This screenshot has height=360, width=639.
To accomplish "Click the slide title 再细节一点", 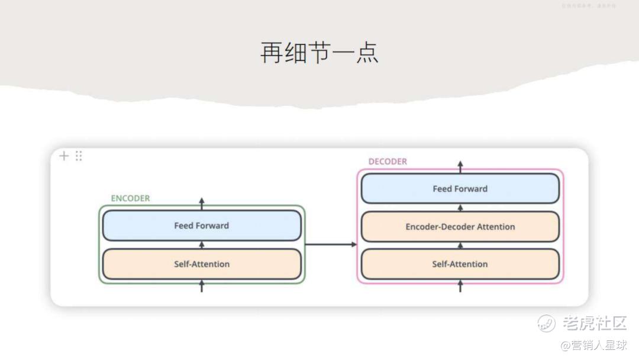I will pos(319,53).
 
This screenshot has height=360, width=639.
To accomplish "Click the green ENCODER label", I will pos(130,198).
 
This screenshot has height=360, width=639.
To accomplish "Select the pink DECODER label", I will pos(388,162).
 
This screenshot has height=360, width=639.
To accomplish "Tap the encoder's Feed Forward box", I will pos(201,226).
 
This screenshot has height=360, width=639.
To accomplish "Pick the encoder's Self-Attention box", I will pos(201,264).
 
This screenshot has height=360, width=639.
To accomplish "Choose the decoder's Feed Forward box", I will pos(460,189).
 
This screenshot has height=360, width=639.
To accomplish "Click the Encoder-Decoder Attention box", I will pos(460,227).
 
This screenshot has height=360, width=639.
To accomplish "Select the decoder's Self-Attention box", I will pos(460,264).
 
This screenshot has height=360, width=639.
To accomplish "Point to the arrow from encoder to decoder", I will pos(331,244).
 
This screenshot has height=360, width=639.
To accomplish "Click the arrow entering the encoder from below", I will pos(201,286).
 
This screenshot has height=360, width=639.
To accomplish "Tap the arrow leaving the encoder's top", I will pos(201,203).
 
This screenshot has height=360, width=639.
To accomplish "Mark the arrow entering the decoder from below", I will pos(460,286).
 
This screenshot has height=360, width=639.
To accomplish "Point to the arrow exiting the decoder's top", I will pos(460,166).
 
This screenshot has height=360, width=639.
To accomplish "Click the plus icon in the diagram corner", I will pos(64,156).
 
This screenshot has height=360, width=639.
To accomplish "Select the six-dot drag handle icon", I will pos(79,156).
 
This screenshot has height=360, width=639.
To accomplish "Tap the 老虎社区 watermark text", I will pos(594,323).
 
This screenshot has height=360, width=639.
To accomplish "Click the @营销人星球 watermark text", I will pos(593,345).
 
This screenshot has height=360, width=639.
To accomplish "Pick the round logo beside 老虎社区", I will pos(547,323).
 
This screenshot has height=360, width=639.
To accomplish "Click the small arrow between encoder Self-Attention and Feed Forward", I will pos(201,245).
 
